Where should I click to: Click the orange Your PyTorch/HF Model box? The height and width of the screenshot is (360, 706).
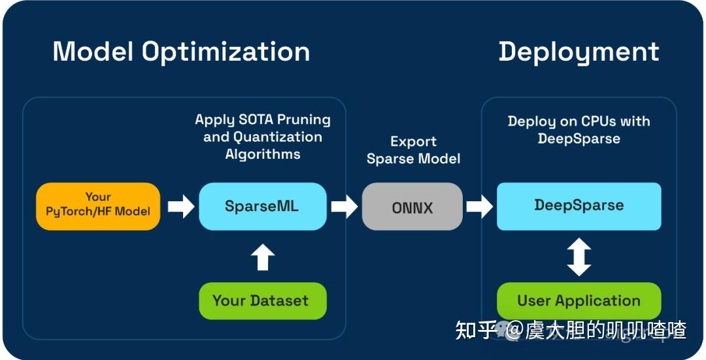pos(98,206)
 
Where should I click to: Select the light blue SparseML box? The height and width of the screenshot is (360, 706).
pos(263,206)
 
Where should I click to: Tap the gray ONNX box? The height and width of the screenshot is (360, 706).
pos(412,206)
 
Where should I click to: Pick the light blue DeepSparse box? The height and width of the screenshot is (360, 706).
pos(579,206)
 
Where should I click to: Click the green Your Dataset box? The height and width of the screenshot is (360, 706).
pos(263,301)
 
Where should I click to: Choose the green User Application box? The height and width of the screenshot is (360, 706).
pos(579,301)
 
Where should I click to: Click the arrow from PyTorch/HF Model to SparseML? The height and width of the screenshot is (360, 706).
pos(181,206)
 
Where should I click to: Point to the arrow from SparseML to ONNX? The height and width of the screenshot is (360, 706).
pos(345,206)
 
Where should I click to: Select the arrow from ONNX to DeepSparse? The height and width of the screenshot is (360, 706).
pos(480,206)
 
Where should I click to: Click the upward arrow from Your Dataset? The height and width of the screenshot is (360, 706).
pos(263,257)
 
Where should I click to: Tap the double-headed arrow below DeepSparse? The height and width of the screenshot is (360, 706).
pos(579,257)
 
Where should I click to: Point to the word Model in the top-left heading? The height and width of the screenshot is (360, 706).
pos(93,51)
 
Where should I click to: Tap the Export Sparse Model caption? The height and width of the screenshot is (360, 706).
pos(413,150)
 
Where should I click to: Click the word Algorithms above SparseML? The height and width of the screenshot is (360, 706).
pos(263,155)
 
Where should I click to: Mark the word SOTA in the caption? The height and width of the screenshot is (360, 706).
pos(256,120)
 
